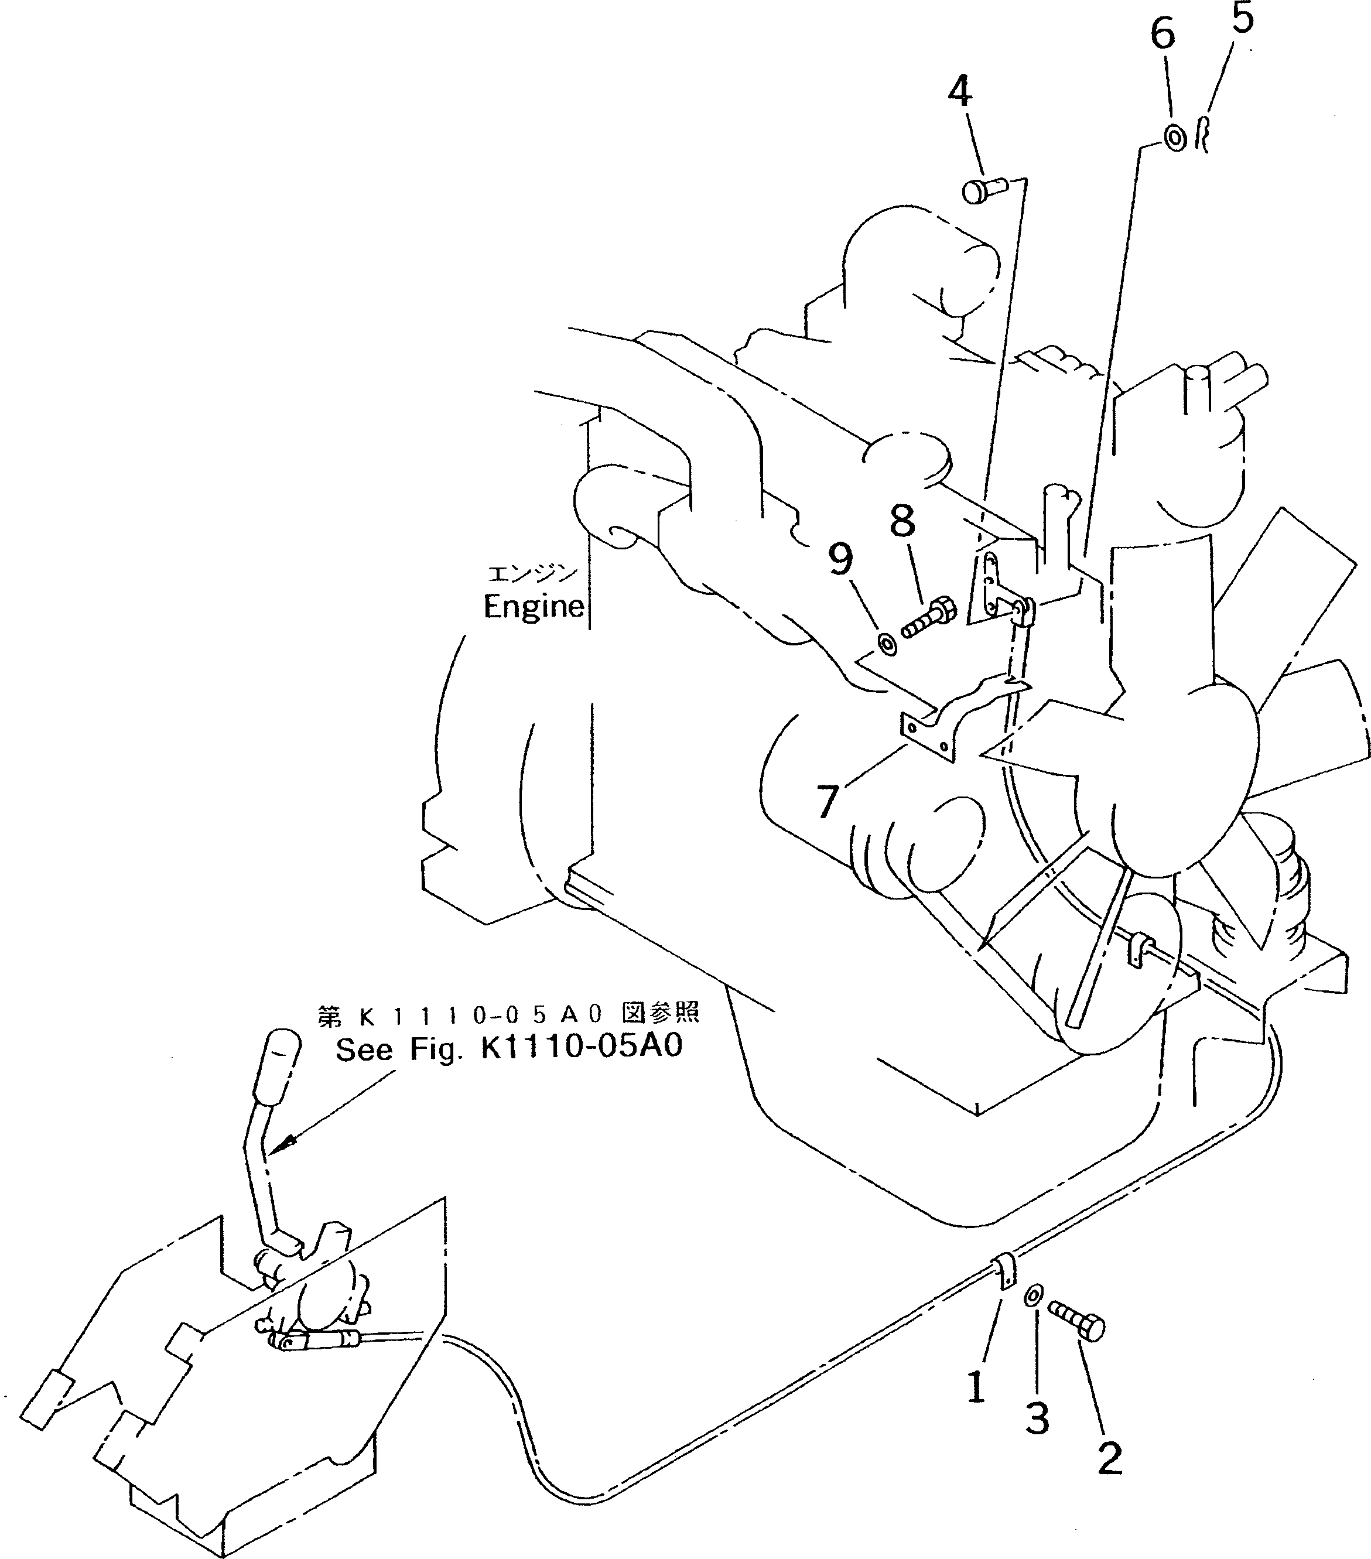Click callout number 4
pyautogui.click(x=960, y=93)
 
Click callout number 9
pyautogui.click(x=840, y=560)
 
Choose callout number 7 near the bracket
pyautogui.click(x=828, y=802)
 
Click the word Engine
pyautogui.click(x=534, y=607)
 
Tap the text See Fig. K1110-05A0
pyautogui.click(x=508, y=1049)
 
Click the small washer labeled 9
pyautogui.click(x=887, y=644)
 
